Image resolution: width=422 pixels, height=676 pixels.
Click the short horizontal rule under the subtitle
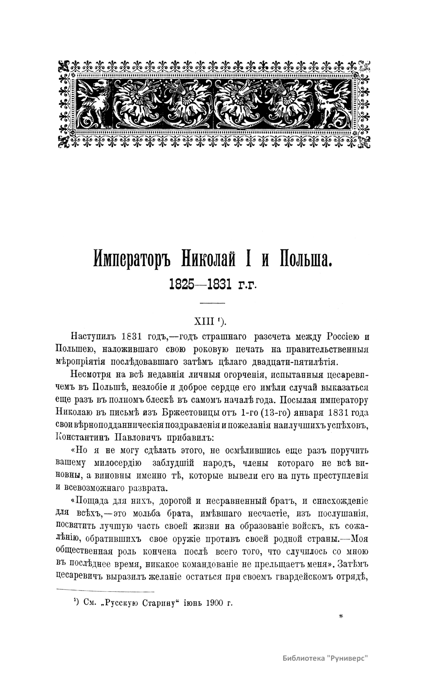(x=212, y=303)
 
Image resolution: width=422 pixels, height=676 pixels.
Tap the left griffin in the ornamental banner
(x=93, y=105)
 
